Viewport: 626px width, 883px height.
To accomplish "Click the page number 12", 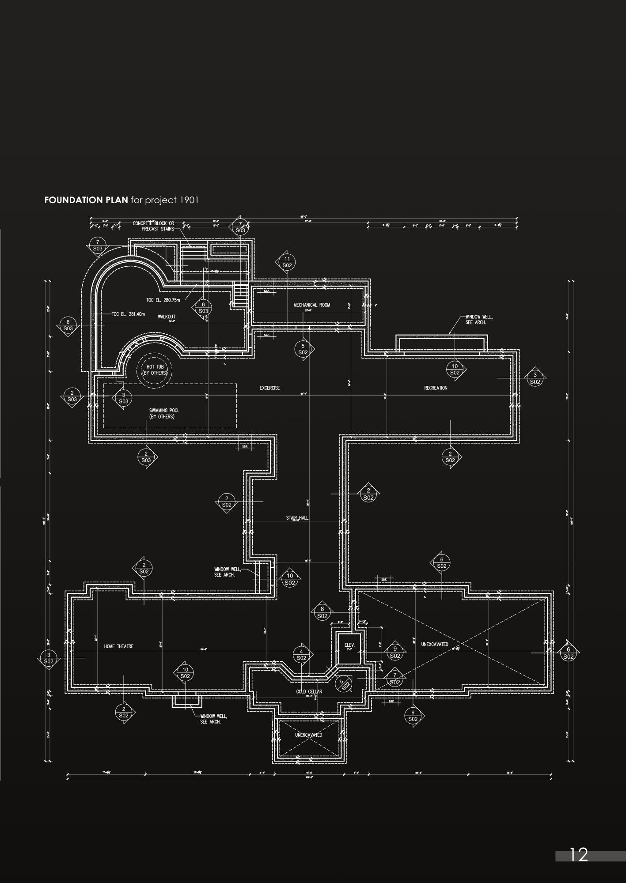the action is click(579, 855).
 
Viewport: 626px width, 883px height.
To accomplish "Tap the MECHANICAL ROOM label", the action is click(311, 305).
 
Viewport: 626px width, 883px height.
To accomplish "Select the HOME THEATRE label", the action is click(118, 646).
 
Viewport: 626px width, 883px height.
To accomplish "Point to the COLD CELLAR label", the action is click(309, 692).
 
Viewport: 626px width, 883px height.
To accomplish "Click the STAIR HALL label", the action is click(297, 517).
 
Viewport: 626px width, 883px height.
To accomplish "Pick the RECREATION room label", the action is click(436, 388).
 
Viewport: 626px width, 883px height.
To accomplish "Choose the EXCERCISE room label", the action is click(269, 388).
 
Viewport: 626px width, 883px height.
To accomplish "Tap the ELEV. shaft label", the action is click(349, 645).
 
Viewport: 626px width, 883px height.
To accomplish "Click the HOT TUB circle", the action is click(155, 370).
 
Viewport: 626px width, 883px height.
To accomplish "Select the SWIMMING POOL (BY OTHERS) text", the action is click(164, 413).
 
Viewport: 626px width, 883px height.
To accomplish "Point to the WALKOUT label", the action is click(167, 317).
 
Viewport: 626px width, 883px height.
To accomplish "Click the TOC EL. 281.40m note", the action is click(129, 314).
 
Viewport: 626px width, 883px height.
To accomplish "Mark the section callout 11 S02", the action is click(287, 262).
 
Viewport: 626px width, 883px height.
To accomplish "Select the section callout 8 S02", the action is click(322, 612).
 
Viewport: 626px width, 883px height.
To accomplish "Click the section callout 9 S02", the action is click(395, 652).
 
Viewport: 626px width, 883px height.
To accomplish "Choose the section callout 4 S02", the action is click(301, 655).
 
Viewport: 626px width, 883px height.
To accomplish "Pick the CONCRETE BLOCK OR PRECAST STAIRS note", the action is click(153, 226).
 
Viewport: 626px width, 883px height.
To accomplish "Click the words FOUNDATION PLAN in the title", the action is click(86, 200).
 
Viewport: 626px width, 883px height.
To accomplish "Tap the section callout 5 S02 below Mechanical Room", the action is click(303, 349).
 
